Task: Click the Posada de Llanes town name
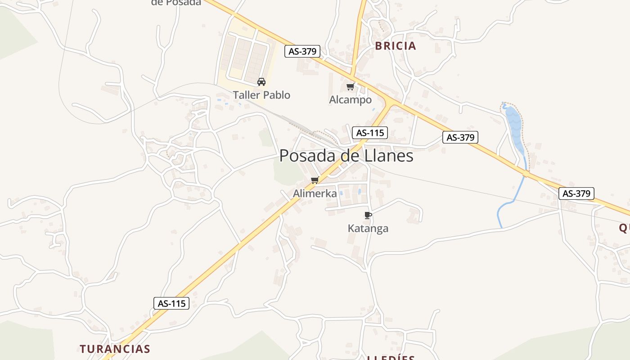(346, 156)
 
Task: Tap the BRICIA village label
(396, 46)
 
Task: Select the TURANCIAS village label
(115, 349)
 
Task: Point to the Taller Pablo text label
(261, 95)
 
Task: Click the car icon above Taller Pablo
(261, 82)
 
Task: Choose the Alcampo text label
(351, 100)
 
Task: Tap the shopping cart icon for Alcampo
(350, 87)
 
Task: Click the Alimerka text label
(315, 193)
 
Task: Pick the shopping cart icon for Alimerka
(315, 180)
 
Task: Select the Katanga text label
(368, 228)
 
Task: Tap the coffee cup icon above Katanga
(368, 215)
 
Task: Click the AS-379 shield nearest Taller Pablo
(302, 51)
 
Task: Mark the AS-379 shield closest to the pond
(460, 137)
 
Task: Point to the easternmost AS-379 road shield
(576, 193)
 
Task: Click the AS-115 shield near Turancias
(171, 303)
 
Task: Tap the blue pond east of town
(515, 126)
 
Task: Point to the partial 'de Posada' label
(176, 2)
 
